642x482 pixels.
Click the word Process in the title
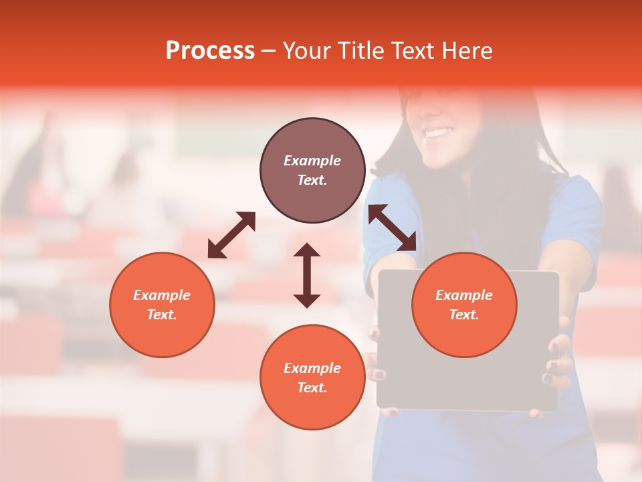tap(210, 51)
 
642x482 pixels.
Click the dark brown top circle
tap(312, 170)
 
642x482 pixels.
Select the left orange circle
tap(162, 305)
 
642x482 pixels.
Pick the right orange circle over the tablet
tap(464, 305)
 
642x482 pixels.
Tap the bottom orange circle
tap(312, 378)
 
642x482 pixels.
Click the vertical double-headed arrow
tap(307, 275)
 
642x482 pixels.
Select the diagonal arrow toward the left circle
tap(231, 235)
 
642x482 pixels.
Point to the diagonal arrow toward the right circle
tap(393, 228)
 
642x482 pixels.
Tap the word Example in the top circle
tap(312, 161)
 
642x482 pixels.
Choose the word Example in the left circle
tap(162, 295)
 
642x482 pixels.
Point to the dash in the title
tap(268, 51)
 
